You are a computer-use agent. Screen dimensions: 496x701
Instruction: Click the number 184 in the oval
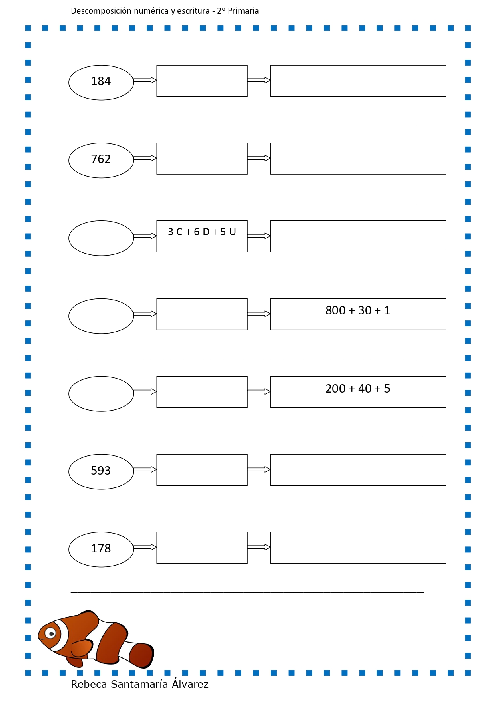coord(101,81)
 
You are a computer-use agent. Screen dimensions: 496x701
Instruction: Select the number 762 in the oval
coord(101,159)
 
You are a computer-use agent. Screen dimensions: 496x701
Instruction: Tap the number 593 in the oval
coord(101,471)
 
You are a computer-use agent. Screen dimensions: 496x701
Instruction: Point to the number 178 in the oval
coord(101,548)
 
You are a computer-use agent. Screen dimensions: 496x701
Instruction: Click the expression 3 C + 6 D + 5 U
coord(202,232)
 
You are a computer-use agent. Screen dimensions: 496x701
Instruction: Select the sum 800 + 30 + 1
coord(358,310)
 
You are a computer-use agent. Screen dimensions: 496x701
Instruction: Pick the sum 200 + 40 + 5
coord(358,389)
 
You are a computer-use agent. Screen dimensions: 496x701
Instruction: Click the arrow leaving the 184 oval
coord(145,81)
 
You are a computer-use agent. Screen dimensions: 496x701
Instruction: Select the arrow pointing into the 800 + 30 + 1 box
coord(259,314)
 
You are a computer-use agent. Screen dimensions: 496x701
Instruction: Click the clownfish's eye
coord(50,633)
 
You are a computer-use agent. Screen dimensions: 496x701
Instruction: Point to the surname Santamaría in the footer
coord(139,684)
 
